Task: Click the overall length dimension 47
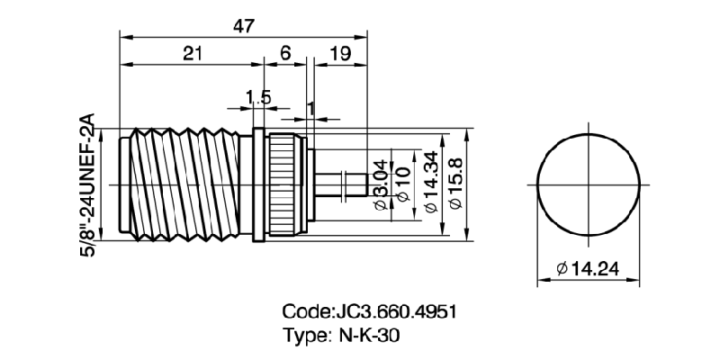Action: coord(243,25)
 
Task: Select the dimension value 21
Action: coord(192,54)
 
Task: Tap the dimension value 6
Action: coord(284,54)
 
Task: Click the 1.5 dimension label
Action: coord(258,97)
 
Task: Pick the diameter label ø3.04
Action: coord(379,185)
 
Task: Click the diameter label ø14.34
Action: coord(431,184)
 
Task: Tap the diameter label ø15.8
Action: coord(456,184)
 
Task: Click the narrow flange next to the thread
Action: coord(259,184)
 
